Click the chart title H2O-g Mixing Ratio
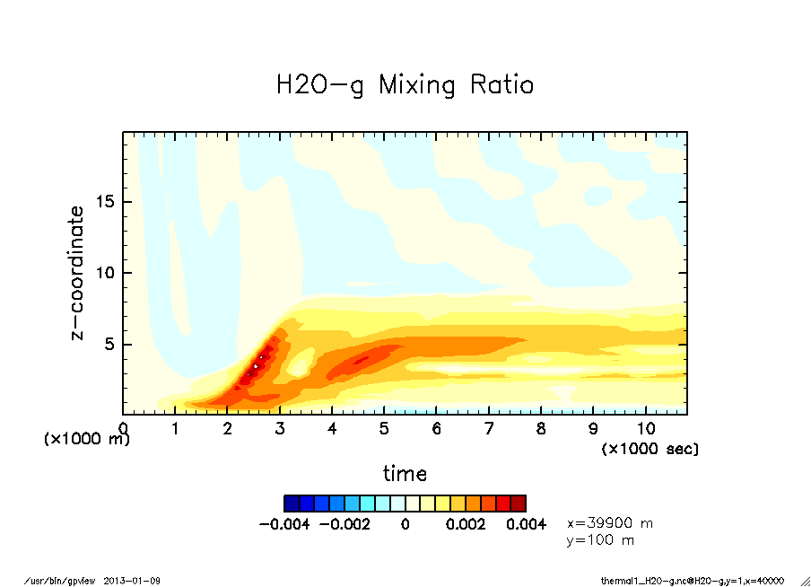pos(405,85)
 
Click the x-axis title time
pos(405,474)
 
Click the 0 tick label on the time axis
pos(123,429)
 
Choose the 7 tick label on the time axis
pos(489,429)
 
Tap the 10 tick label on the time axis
pos(645,429)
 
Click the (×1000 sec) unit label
pos(650,448)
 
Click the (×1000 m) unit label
pos(87,439)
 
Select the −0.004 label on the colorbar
pos(284,524)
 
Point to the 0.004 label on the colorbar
pos(526,524)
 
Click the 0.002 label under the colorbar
pos(465,524)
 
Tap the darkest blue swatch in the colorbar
pos(292,503)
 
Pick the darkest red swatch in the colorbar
pos(519,503)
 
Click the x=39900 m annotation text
pos(610,522)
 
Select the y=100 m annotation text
pos(601,540)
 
